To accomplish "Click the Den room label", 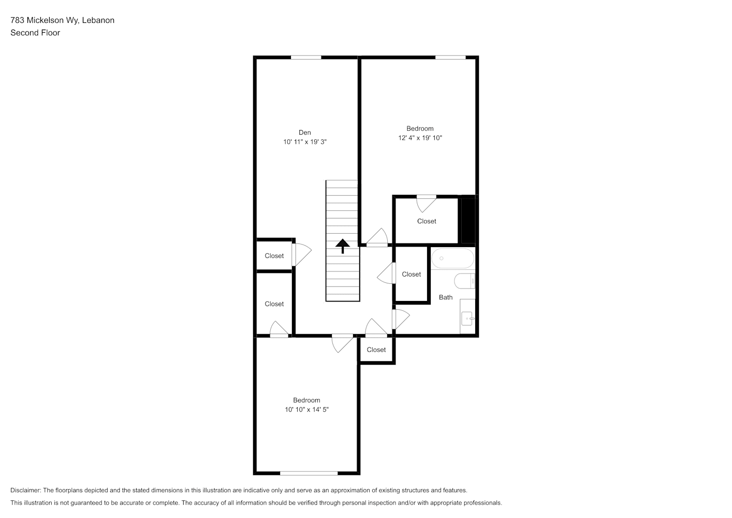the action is tap(304, 133).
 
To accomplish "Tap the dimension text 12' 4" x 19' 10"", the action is tap(420, 138).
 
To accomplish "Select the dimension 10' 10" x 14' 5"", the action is tap(306, 409).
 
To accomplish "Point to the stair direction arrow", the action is tap(343, 246).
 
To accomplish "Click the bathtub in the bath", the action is tap(452, 258).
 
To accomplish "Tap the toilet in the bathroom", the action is tap(464, 281).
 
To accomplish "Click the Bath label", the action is tap(446, 297).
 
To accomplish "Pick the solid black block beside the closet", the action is tap(468, 220).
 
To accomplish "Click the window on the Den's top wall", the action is tap(306, 57).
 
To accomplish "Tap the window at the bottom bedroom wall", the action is tap(309, 473).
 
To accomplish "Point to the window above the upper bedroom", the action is tap(450, 57).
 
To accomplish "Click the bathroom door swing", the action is tap(401, 319).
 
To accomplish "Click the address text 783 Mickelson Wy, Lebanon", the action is tap(63, 20).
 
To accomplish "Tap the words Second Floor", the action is tap(35, 33).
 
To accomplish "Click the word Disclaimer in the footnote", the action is tap(26, 490).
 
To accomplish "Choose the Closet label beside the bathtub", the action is tap(412, 275).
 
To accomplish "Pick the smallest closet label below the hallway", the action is tap(376, 350).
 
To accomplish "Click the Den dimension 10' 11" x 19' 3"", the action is tap(305, 142).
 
